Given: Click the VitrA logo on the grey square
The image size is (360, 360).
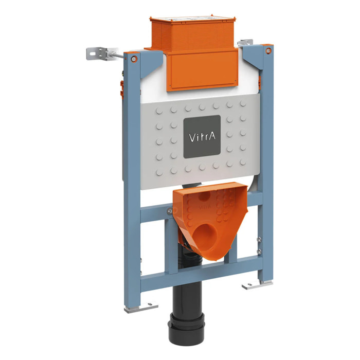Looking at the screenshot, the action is pos(202,137).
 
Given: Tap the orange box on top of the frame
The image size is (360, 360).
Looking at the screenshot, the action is pos(192,33).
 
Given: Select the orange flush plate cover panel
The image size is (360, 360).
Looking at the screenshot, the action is pos(202,71).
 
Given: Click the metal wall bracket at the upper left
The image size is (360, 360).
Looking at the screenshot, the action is pos(97,53).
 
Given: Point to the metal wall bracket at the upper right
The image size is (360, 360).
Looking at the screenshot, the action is pos(245,43).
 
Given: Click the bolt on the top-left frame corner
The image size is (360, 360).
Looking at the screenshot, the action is pos(133,59).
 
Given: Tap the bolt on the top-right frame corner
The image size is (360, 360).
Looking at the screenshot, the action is pos(268,50).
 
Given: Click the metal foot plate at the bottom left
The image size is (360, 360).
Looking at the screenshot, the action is pos(141,307).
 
